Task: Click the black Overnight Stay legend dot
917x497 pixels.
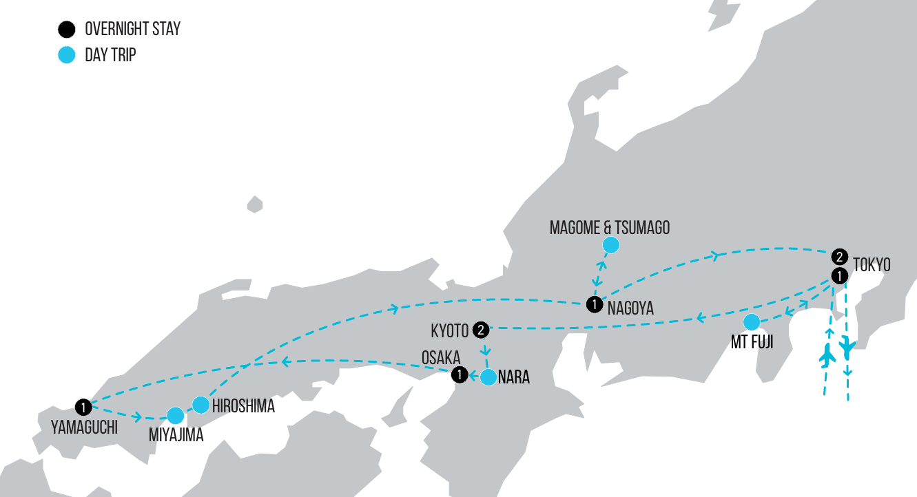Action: (x=66, y=30)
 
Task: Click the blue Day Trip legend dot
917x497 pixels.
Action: (x=66, y=55)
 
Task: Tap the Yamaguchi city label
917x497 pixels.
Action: (x=84, y=427)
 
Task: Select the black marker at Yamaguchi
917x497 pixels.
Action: (x=84, y=407)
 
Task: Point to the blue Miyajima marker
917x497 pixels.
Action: (x=176, y=415)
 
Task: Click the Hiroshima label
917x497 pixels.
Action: (x=243, y=406)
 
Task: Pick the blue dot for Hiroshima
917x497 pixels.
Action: (x=200, y=405)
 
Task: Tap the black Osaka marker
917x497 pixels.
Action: (x=459, y=375)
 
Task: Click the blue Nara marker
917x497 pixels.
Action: (x=488, y=377)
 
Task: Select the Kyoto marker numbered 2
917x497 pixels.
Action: (x=481, y=330)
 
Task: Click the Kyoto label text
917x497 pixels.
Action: (x=450, y=331)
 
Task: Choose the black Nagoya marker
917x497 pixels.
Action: (x=593, y=304)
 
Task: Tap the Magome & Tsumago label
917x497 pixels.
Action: (x=609, y=228)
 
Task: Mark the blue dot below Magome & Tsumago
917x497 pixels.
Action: (x=610, y=245)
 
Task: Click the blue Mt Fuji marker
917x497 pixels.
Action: (x=752, y=321)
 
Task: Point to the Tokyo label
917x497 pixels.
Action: (x=872, y=265)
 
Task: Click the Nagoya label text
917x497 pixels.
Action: (x=630, y=308)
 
